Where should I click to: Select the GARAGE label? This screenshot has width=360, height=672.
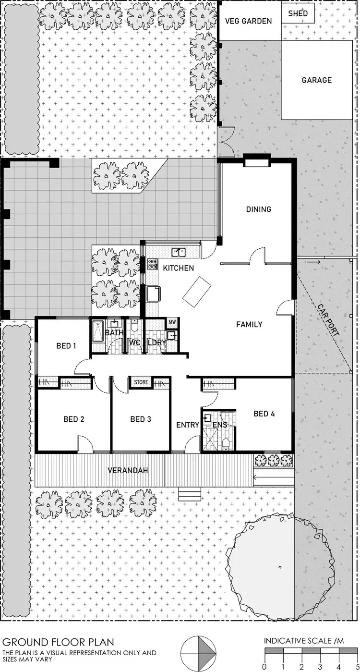316,80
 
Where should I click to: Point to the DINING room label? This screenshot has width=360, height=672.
259,209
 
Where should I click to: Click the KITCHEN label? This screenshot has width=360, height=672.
178,268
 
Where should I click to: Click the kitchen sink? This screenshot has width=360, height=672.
180,251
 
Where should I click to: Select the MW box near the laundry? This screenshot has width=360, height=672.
172,322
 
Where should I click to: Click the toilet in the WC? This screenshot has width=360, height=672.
135,327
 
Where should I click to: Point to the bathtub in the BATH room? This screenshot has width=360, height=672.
97,331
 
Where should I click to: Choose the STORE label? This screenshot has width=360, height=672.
141,383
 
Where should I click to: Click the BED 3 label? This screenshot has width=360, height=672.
141,419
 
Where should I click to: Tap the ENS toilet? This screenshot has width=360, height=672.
226,443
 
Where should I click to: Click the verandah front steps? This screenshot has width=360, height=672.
190,494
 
